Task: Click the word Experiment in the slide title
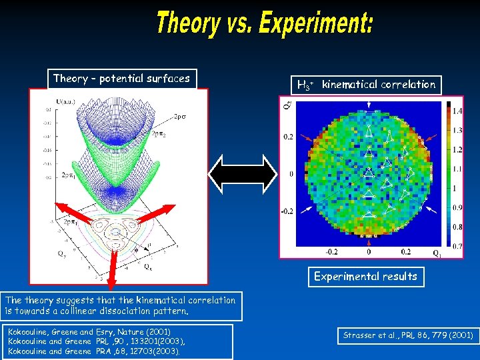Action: click(316, 24)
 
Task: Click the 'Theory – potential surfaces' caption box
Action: click(121, 79)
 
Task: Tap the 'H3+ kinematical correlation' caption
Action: click(366, 85)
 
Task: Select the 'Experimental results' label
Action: click(365, 276)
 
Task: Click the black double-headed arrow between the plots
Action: click(243, 174)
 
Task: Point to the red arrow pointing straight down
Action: click(111, 253)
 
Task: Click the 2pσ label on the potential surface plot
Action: click(181, 116)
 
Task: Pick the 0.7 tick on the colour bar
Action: click(457, 247)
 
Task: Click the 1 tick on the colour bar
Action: click(455, 188)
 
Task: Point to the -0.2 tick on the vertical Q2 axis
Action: click(286, 211)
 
